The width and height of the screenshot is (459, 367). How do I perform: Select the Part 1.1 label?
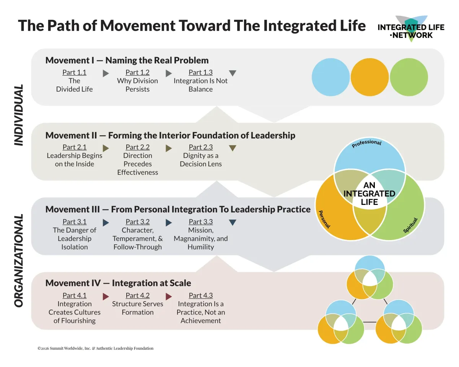(74, 72)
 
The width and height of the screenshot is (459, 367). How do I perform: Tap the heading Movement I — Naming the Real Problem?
(127, 60)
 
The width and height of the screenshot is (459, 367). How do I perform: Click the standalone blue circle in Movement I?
(330, 77)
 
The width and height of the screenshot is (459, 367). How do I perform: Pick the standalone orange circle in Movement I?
(369, 77)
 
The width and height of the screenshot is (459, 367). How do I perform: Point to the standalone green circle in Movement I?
(409, 77)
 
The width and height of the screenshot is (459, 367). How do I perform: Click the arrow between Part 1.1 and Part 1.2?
(106, 73)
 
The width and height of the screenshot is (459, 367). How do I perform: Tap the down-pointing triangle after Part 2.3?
(232, 148)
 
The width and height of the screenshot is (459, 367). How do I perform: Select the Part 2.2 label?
(137, 147)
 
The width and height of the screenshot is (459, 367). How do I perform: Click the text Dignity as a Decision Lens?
(200, 160)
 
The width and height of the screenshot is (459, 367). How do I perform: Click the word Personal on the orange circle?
(324, 219)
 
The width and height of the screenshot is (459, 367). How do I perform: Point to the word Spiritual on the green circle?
(410, 225)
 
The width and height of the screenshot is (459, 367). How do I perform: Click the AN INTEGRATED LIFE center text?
(369, 193)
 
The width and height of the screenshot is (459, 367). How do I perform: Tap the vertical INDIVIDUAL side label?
(18, 115)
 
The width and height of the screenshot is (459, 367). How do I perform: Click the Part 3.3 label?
(200, 222)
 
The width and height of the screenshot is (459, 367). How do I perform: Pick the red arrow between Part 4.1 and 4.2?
(106, 296)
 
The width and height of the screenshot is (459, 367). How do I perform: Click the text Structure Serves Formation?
(137, 308)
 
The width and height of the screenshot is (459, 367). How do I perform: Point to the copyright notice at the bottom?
(95, 348)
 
